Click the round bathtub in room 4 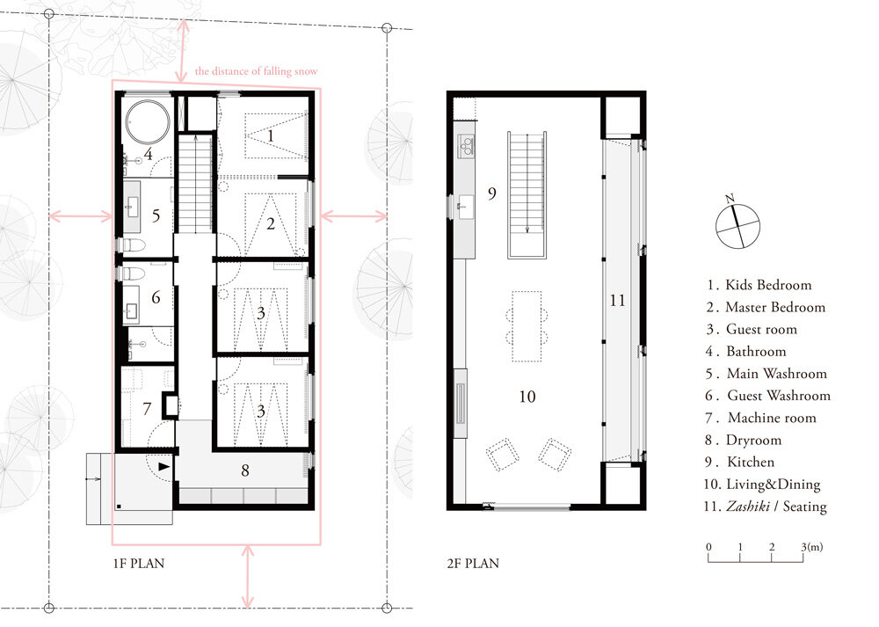pos(148,122)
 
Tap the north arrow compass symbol pos(737,225)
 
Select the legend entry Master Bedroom pos(766,307)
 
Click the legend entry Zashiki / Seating pos(766,507)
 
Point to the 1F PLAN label pos(139,563)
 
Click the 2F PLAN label pos(473,563)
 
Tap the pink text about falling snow pos(256,71)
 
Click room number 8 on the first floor pos(245,470)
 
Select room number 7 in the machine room pos(147,408)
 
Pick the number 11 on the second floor pos(617,301)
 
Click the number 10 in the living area pos(527,397)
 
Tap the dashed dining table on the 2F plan pos(527,326)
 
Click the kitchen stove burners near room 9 pos(466,145)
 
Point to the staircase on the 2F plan pos(527,194)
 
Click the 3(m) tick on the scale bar pos(803,555)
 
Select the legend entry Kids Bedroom pos(759,285)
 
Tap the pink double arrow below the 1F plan pos(247,577)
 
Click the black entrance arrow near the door pos(164,466)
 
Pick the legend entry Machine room pos(760,418)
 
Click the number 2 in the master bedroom pos(271,224)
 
